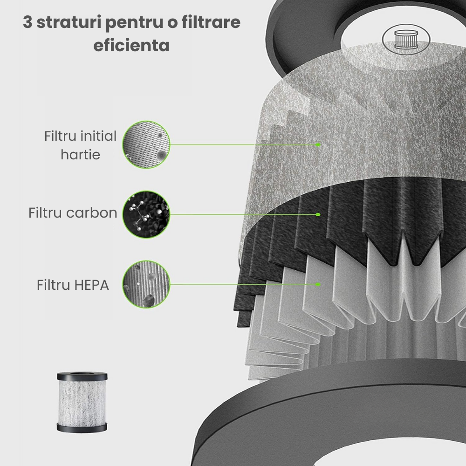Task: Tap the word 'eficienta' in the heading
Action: click(131, 46)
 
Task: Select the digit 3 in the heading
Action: click(27, 23)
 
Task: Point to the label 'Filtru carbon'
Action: click(73, 213)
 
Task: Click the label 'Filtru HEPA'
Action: click(73, 285)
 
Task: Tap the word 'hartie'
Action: click(80, 154)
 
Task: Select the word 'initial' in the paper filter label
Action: click(98, 137)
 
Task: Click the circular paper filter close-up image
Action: click(146, 144)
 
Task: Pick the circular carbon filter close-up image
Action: click(146, 214)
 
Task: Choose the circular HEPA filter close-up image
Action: click(146, 284)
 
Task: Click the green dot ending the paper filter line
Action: click(318, 144)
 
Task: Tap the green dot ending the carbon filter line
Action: click(318, 215)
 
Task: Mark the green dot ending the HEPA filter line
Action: click(318, 284)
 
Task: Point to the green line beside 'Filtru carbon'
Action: click(242, 214)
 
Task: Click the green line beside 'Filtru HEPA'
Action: click(242, 284)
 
